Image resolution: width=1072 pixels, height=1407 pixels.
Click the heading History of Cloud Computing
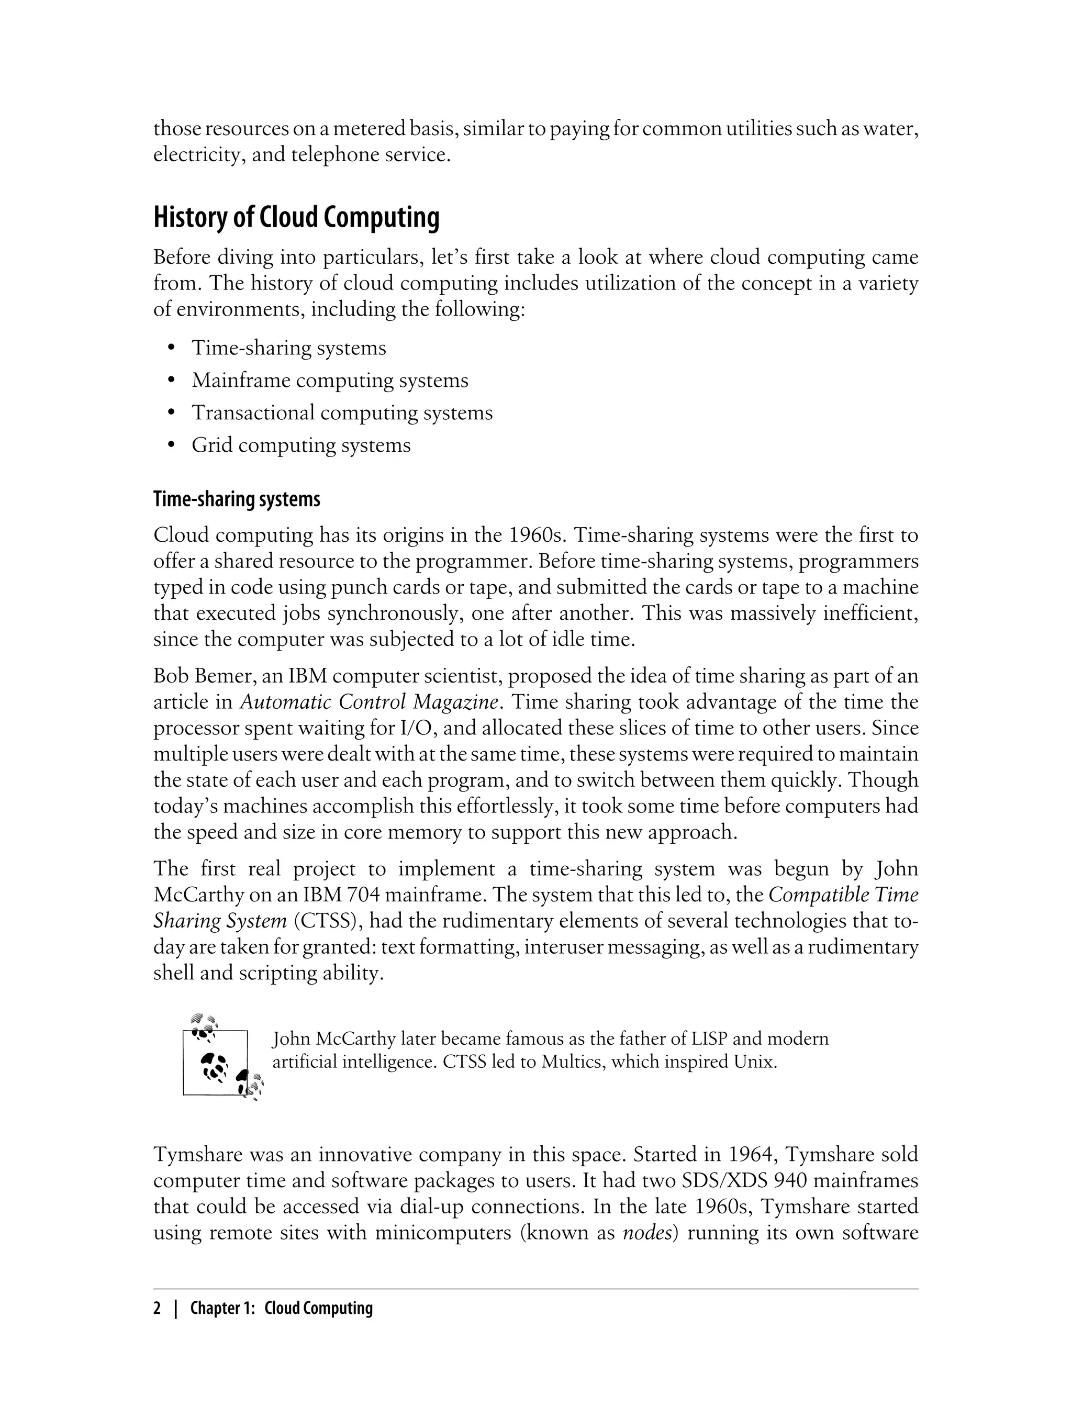[x=296, y=218]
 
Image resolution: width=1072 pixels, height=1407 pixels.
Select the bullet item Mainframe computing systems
[x=330, y=381]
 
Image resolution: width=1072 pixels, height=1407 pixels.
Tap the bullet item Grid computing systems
[x=300, y=445]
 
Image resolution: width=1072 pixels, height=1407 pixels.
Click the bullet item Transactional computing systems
[x=342, y=413]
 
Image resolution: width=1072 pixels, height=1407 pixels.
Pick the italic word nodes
[x=649, y=1232]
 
